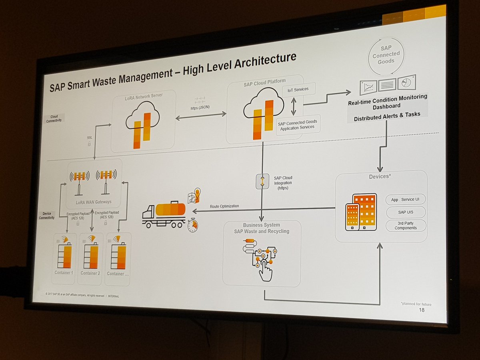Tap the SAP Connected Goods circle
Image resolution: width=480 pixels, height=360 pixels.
click(386, 55)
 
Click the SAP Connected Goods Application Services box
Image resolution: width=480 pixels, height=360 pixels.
click(297, 125)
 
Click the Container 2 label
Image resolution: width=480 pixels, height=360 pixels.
click(90, 273)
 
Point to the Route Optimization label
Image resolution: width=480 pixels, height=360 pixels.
click(224, 206)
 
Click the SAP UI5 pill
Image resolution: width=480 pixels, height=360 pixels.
click(406, 212)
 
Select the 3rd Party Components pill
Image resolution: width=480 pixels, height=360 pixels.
click(406, 225)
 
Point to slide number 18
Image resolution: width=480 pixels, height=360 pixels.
click(421, 310)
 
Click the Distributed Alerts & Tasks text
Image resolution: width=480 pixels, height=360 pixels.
click(387, 114)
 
